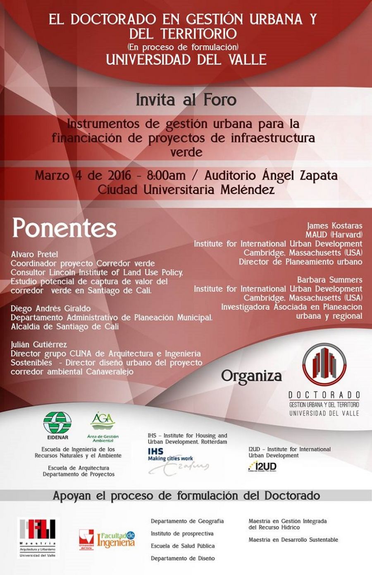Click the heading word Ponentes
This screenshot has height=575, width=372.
click(x=64, y=228)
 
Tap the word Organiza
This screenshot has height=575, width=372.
click(x=251, y=376)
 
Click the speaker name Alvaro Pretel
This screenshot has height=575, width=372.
click(x=34, y=254)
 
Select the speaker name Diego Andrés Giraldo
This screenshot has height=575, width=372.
click(x=50, y=308)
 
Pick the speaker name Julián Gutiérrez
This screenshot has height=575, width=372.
click(x=39, y=344)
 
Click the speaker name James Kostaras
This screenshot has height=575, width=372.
click(x=334, y=226)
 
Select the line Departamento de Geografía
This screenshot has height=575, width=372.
click(x=187, y=521)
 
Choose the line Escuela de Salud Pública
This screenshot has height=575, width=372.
click(x=183, y=546)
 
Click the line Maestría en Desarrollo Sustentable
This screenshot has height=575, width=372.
click(x=293, y=539)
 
